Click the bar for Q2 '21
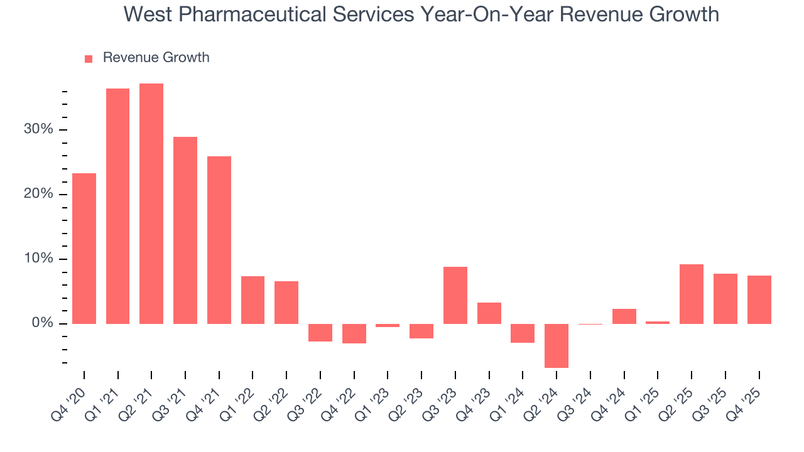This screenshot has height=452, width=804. [x=151, y=203]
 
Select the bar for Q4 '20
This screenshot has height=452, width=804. [x=84, y=249]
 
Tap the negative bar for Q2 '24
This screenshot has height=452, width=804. [x=557, y=345]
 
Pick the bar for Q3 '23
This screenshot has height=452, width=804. [x=455, y=295]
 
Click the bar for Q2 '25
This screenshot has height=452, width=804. [x=692, y=294]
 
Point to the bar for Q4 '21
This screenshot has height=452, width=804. [x=219, y=240]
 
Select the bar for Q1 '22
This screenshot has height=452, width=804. [x=253, y=300]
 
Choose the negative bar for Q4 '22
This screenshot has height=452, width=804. [x=354, y=333]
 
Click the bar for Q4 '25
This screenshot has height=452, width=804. [x=759, y=299]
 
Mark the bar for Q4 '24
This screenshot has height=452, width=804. [x=624, y=316]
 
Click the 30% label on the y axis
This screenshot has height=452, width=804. [x=39, y=129]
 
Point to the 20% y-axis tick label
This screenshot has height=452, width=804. [x=39, y=194]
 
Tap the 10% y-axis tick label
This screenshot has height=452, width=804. [x=39, y=259]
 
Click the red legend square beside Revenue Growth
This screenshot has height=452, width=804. [x=89, y=58]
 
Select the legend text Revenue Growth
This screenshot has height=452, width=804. [x=156, y=58]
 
